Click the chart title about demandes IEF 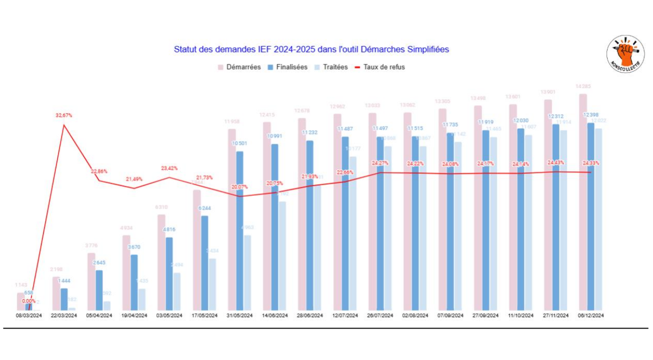[311, 49]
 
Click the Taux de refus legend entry [380, 67]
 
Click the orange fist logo [625, 53]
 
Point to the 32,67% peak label [64, 115]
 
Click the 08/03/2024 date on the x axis [29, 316]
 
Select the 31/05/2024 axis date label [239, 316]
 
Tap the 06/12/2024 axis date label [591, 316]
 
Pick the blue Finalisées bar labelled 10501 [240, 230]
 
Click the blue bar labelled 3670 [134, 282]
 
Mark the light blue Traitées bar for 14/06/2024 [283, 255]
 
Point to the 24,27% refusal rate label [380, 163]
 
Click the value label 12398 [591, 115]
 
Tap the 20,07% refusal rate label [240, 187]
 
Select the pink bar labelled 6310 [161, 262]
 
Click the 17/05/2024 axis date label [204, 316]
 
